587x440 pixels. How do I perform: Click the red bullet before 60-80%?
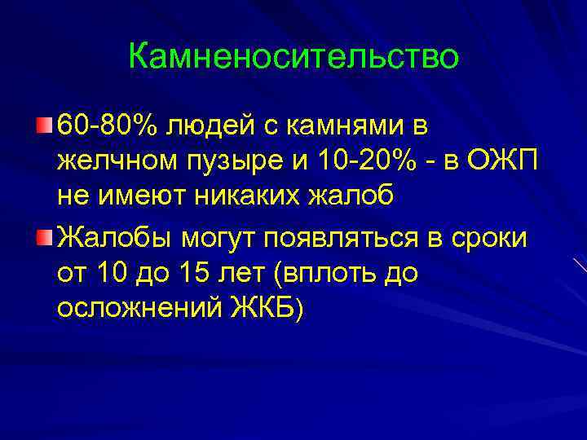(x=43, y=126)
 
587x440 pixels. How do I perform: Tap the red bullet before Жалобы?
(x=43, y=236)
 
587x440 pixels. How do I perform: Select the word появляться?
(x=343, y=237)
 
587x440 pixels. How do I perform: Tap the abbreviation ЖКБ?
(x=265, y=309)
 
